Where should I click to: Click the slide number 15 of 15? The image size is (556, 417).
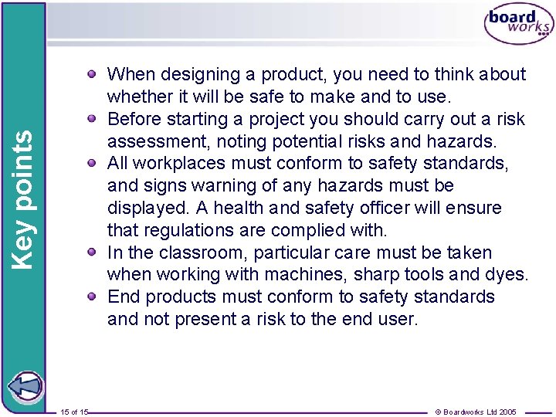click(x=73, y=412)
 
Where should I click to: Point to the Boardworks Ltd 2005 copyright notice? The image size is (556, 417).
click(x=478, y=412)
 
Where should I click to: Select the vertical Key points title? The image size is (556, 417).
click(x=24, y=199)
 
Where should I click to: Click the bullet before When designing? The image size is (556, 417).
click(x=92, y=75)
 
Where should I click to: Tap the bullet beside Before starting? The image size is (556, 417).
click(x=92, y=120)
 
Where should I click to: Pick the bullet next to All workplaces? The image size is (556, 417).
click(x=92, y=164)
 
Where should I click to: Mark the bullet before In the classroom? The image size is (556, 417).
click(x=92, y=253)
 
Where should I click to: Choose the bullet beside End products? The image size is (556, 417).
click(x=92, y=297)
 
